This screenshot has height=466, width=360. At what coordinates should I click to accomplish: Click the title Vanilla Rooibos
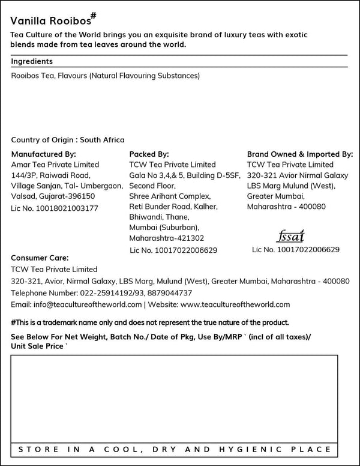point(49,20)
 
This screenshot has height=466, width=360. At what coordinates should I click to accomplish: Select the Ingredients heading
point(32,61)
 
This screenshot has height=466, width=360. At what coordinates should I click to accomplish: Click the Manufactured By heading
point(43,154)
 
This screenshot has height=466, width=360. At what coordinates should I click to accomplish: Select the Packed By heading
point(149,154)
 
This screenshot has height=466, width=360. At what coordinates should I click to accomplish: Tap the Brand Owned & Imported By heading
point(300,154)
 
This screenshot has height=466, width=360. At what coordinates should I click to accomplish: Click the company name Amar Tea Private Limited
point(55,165)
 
